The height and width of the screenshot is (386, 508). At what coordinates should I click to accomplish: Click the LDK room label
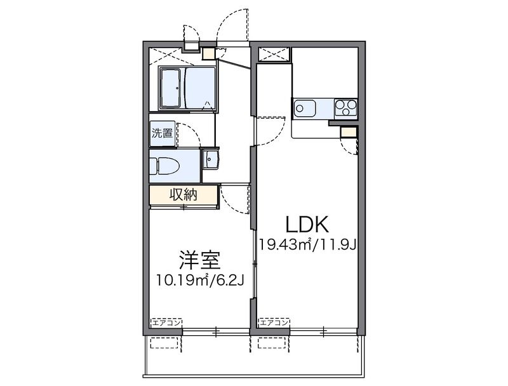[306, 224]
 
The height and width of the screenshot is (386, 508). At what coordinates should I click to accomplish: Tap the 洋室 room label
[199, 260]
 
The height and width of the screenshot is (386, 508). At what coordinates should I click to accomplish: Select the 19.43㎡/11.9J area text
[306, 244]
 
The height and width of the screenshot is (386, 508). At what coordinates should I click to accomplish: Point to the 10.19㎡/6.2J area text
[199, 279]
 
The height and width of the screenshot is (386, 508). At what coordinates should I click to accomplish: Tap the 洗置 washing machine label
[162, 133]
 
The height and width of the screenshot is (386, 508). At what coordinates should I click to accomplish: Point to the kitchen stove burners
[346, 108]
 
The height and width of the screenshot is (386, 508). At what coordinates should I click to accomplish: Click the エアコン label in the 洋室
[166, 323]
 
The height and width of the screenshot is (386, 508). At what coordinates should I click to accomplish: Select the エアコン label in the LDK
[274, 323]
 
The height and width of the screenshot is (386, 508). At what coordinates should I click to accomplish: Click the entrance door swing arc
[230, 25]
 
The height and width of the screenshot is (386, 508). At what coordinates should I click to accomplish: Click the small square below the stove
[349, 132]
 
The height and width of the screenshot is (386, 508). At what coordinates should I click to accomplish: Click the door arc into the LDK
[268, 129]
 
